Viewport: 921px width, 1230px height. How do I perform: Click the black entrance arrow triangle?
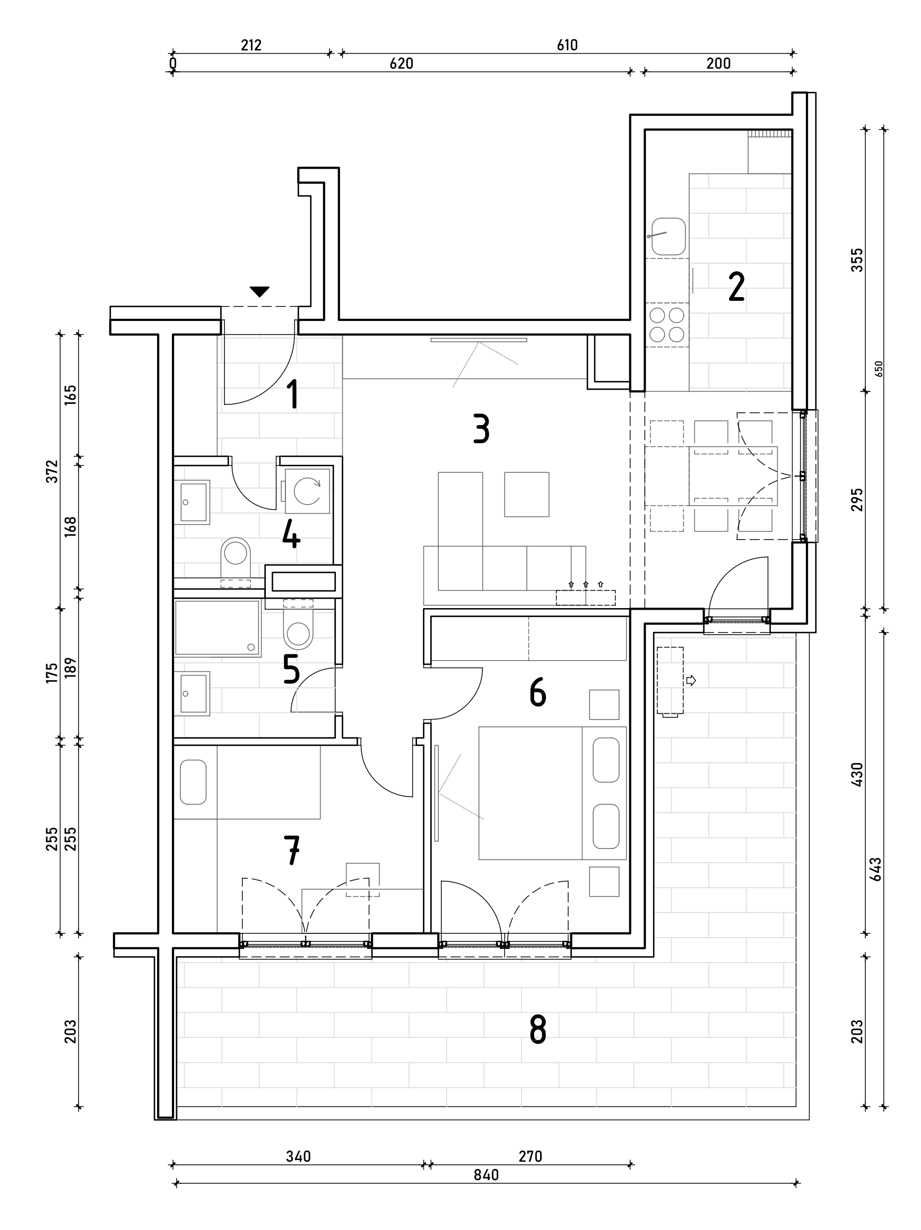point(259,291)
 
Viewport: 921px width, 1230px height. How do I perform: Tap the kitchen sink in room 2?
point(667,236)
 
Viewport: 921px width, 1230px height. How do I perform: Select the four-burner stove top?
point(667,325)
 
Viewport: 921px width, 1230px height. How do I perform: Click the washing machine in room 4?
point(307,491)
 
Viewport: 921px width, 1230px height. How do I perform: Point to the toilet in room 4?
point(236,557)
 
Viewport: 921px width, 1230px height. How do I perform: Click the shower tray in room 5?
point(218,628)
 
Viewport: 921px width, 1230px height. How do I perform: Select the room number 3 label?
point(481,429)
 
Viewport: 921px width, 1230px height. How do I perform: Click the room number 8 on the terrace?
point(537,1029)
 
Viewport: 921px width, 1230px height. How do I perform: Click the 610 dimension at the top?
point(567,45)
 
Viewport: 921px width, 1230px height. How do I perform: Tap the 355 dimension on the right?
point(857,259)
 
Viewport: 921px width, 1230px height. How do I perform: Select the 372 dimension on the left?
point(51,471)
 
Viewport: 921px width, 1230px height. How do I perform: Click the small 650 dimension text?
point(879,369)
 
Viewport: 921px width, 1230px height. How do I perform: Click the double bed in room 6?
point(552,793)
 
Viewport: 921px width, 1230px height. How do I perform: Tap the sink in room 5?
point(192,693)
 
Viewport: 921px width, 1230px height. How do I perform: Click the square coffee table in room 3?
point(526,495)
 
